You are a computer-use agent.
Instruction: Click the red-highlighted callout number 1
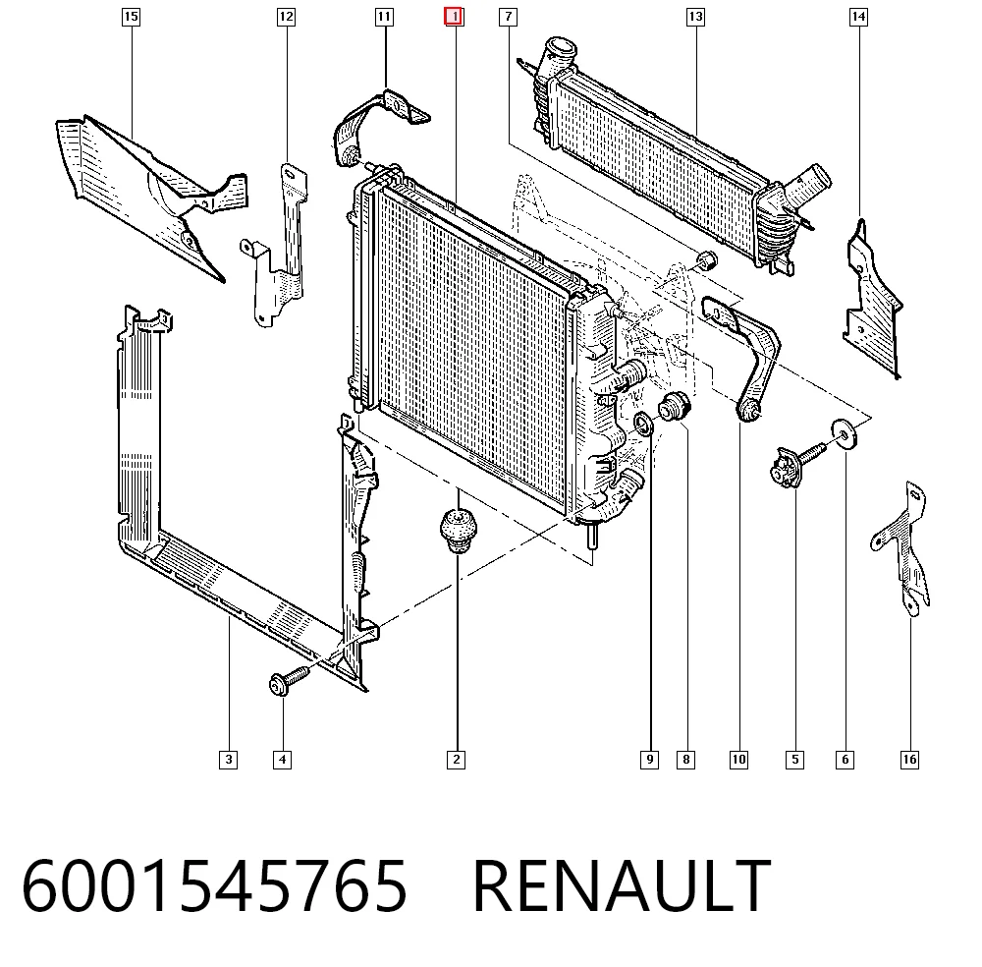[454, 17]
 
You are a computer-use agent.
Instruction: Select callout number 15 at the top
[131, 17]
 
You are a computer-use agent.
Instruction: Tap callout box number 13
[695, 17]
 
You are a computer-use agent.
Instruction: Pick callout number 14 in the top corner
[858, 17]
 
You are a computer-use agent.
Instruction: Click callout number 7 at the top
[508, 17]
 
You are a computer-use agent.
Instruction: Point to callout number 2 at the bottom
[456, 760]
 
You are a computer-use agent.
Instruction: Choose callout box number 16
[909, 760]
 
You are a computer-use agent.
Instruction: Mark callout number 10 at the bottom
[739, 760]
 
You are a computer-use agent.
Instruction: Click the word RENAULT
[622, 884]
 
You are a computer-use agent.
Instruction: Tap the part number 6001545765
[214, 884]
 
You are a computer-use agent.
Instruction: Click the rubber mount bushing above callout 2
[458, 532]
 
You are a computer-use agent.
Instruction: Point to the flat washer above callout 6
[845, 433]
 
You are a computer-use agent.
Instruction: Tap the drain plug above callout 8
[674, 407]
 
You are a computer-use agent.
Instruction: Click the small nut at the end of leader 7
[707, 258]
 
